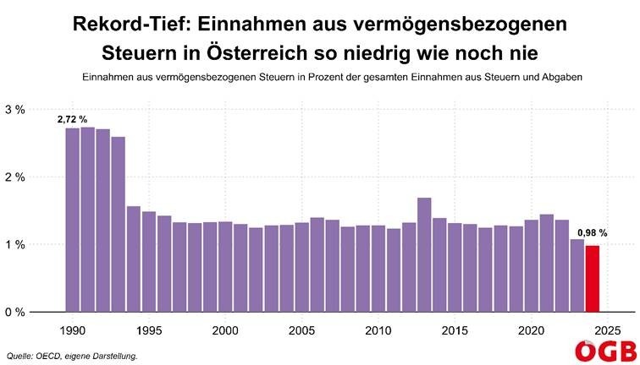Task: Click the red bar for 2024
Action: (x=593, y=278)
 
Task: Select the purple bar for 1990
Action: (x=72, y=220)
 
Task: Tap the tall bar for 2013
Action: (x=424, y=254)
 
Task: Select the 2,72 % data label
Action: (x=72, y=120)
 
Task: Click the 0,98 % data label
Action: (x=593, y=234)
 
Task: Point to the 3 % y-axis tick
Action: (x=16, y=110)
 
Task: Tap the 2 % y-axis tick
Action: (x=16, y=177)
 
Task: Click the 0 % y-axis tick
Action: (x=16, y=312)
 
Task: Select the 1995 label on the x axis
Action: (x=149, y=330)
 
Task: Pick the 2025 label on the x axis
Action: (x=608, y=330)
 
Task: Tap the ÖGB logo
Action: (x=604, y=351)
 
